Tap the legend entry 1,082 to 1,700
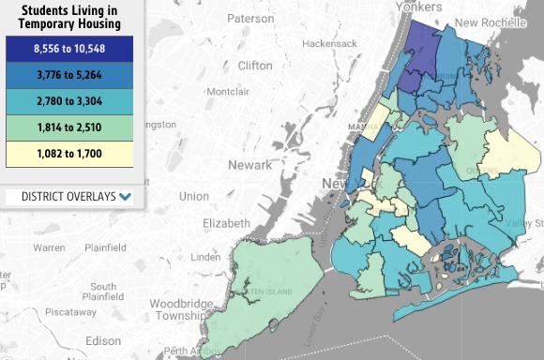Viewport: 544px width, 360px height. click(72, 152)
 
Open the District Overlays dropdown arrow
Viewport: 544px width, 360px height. click(126, 197)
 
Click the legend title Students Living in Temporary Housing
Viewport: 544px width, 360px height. click(72, 18)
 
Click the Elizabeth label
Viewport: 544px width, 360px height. click(226, 223)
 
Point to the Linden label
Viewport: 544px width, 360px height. click(205, 257)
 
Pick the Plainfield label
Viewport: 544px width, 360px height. click(105, 247)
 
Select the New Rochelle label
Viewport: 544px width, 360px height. click(492, 22)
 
